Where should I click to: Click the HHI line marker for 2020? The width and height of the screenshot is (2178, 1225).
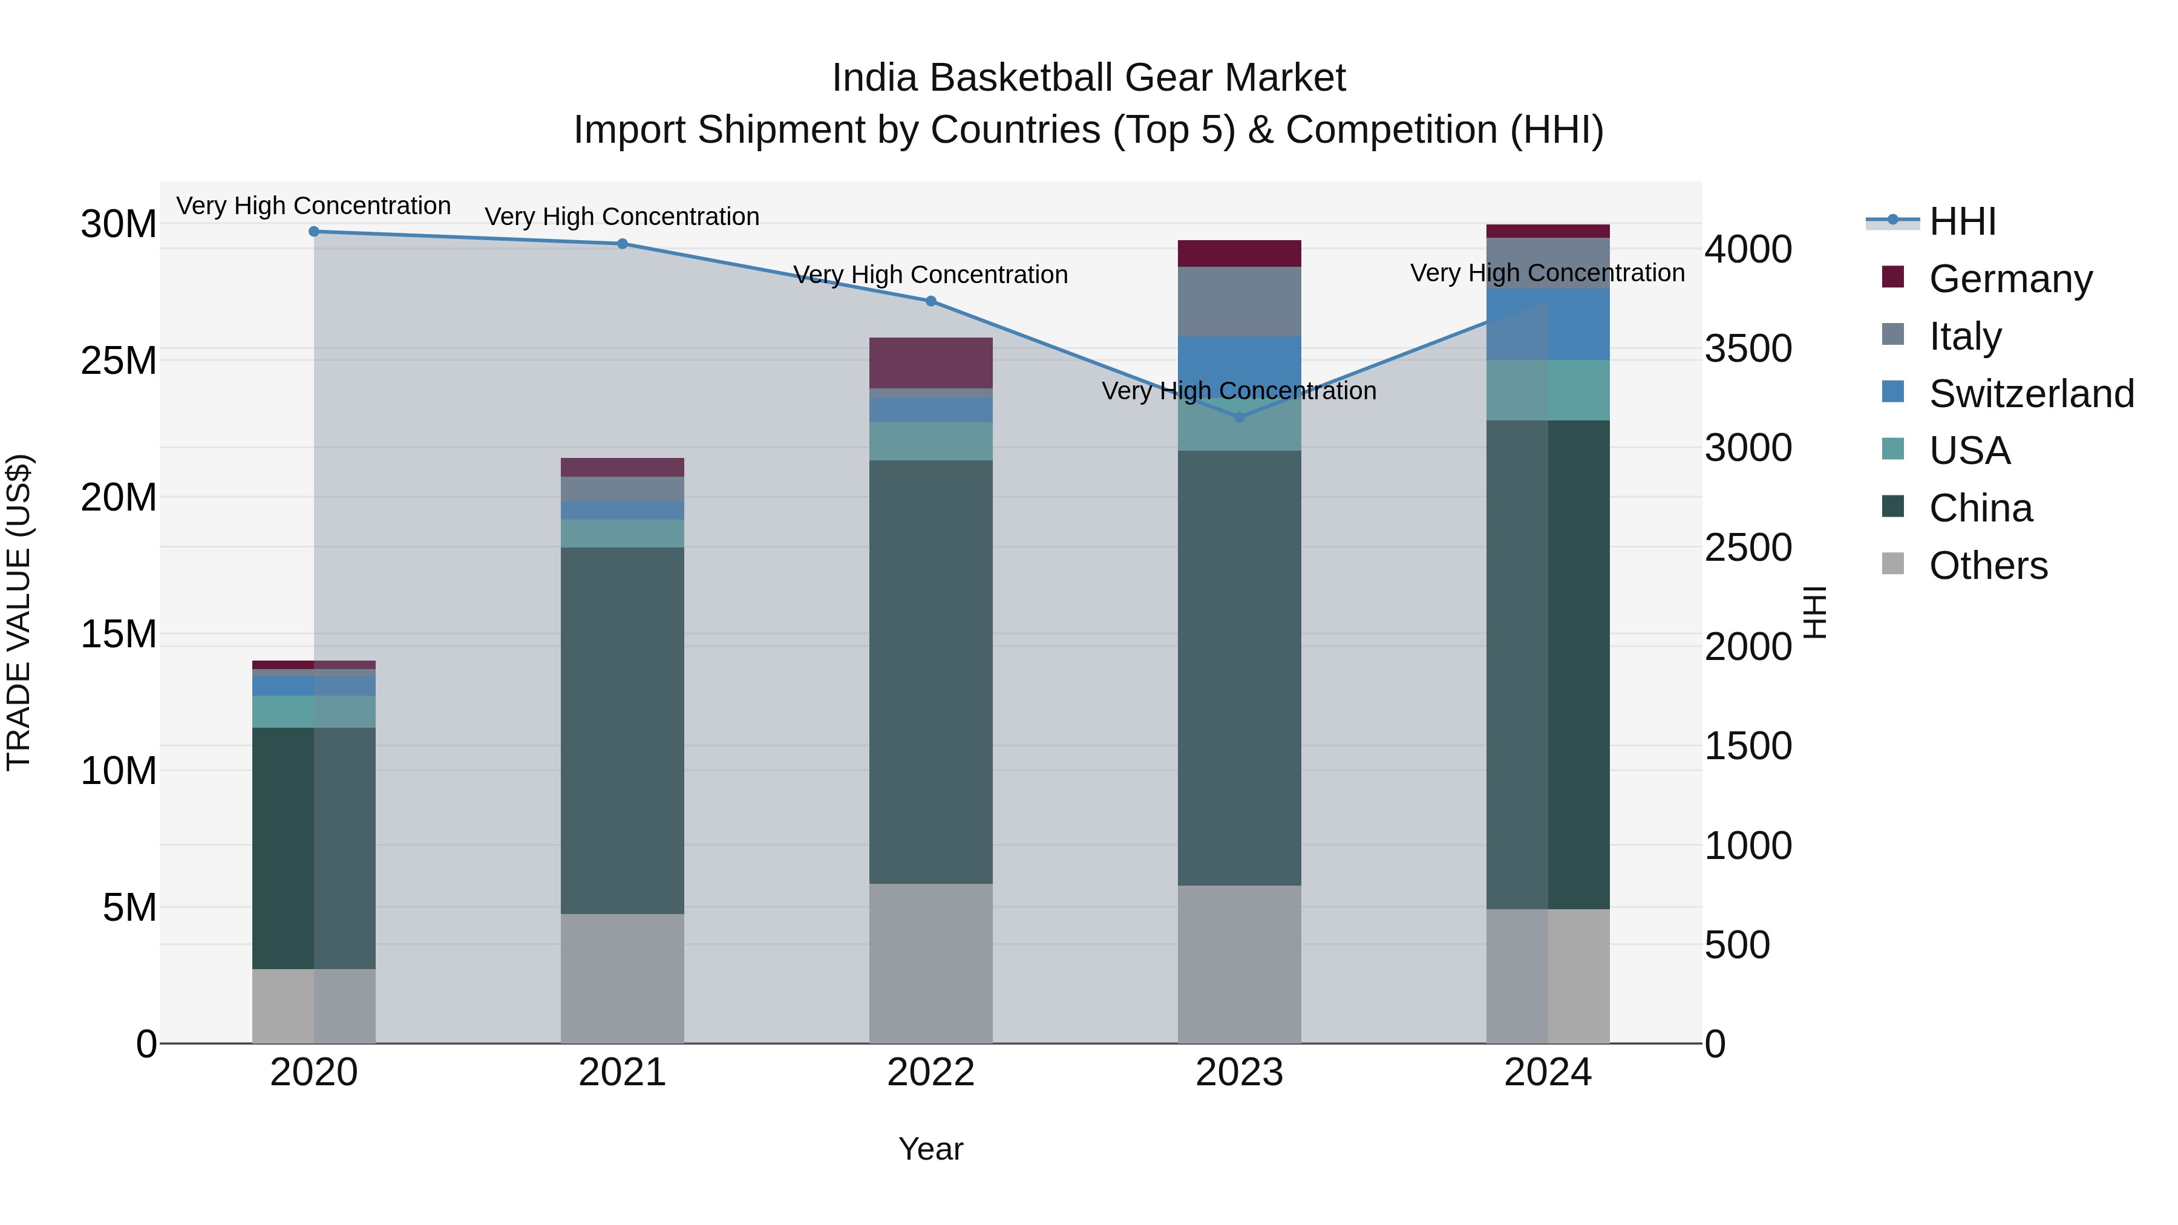coord(313,231)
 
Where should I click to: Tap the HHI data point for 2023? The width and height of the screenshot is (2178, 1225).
coord(1240,417)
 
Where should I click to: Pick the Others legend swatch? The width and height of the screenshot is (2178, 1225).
coord(1892,564)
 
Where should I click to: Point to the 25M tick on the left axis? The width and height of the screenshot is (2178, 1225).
coord(119,361)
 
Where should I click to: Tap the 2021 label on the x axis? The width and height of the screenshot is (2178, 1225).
coord(623,1072)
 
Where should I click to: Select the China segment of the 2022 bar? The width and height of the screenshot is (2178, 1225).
coord(931,672)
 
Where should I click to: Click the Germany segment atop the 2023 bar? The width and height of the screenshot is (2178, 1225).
coord(1240,253)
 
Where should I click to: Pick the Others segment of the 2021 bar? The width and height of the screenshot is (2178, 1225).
coord(623,978)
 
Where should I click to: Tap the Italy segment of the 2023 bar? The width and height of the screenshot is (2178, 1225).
coord(1240,301)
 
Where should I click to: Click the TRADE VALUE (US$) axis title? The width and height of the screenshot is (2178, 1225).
coord(19,612)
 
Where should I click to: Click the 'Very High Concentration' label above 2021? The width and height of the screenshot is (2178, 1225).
coord(623,217)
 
